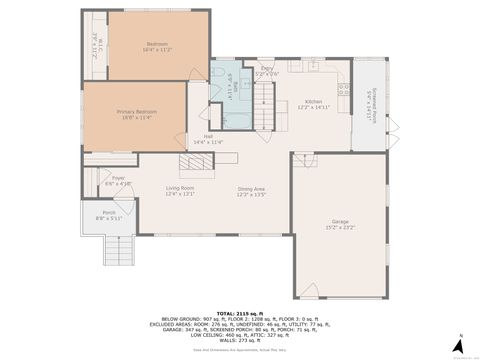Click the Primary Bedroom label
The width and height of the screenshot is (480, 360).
133,112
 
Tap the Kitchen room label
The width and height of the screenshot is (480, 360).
314,102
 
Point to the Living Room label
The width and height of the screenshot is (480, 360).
180,188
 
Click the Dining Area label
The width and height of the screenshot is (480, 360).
251,189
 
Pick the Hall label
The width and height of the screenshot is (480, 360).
208,136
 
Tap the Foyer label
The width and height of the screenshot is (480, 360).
118,178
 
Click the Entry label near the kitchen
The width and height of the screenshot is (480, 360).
265,68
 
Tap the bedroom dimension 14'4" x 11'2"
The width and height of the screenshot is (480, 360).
158,49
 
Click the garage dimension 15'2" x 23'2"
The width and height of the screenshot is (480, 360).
340,228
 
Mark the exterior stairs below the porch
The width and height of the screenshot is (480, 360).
118,250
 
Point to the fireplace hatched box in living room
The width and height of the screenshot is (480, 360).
192,166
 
